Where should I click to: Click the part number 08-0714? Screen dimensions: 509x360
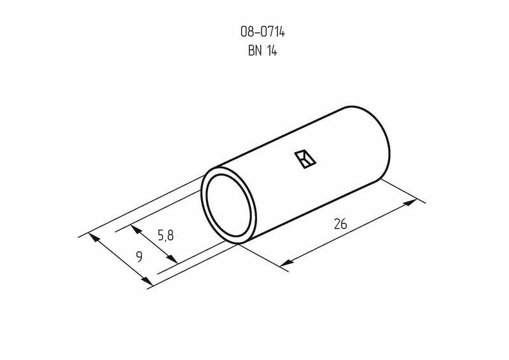(x=263, y=32)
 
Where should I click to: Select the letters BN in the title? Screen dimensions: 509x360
(x=254, y=51)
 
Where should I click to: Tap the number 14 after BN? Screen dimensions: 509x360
(x=272, y=51)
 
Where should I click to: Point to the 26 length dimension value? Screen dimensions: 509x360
(x=340, y=225)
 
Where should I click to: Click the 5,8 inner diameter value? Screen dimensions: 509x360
(x=165, y=235)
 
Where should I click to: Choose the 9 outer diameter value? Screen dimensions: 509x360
(x=139, y=257)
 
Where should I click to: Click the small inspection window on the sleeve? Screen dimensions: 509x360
(x=305, y=159)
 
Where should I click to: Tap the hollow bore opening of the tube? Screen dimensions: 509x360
(x=229, y=205)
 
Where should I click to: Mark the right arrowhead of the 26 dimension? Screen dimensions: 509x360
(x=410, y=202)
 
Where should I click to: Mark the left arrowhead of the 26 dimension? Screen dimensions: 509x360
(x=286, y=262)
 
